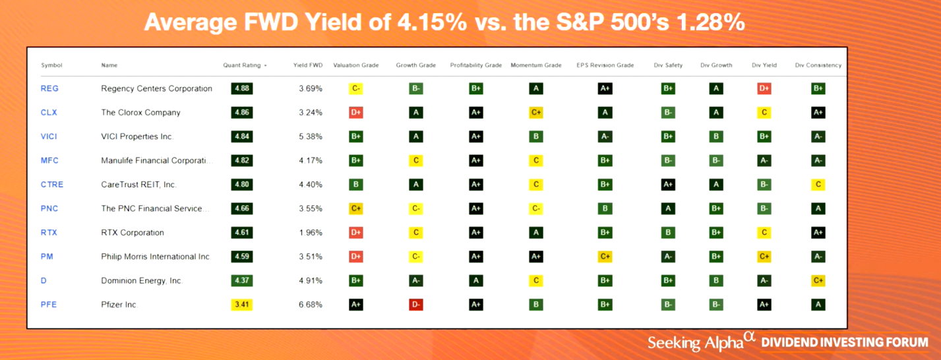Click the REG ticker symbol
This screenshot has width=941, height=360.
pyautogui.click(x=49, y=88)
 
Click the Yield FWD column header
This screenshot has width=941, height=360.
pyautogui.click(x=307, y=65)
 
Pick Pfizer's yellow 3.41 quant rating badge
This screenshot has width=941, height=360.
pyautogui.click(x=242, y=305)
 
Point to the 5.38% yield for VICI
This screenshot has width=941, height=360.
pyautogui.click(x=310, y=136)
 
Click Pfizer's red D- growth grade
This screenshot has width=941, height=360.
pyautogui.click(x=415, y=305)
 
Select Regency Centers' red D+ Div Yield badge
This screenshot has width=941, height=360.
pyautogui.click(x=764, y=88)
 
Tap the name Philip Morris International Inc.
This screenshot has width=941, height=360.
pyautogui.click(x=156, y=256)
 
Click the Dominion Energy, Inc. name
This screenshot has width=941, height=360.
pyautogui.click(x=142, y=281)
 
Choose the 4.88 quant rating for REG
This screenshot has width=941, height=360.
pyautogui.click(x=242, y=88)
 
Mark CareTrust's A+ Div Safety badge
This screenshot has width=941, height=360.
pyautogui.click(x=668, y=185)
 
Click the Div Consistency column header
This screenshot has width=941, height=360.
pyautogui.click(x=818, y=65)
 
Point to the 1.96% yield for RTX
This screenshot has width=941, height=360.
pyautogui.click(x=310, y=233)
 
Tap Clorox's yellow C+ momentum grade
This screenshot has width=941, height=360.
pyautogui.click(x=536, y=113)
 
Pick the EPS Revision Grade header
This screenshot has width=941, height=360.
pyautogui.click(x=605, y=65)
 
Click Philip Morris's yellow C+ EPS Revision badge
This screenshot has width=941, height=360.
pyautogui.click(x=605, y=256)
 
